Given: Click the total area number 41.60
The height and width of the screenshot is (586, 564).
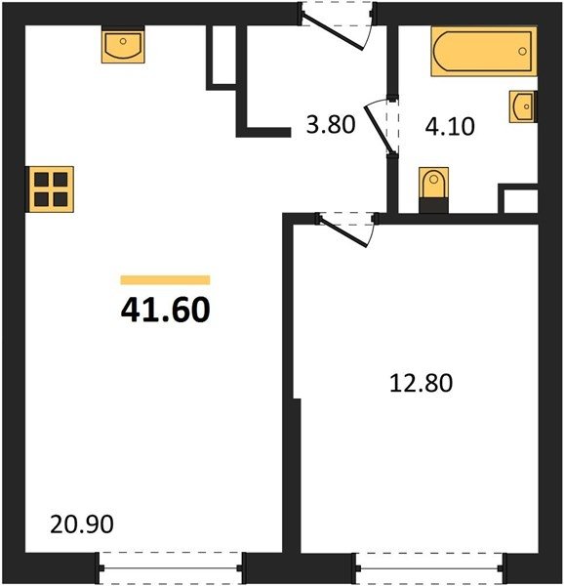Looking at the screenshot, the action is pyautogui.click(x=165, y=310).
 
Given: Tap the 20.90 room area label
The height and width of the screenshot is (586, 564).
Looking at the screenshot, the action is pyautogui.click(x=82, y=523).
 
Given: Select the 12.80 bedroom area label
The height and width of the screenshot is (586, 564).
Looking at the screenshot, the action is pyautogui.click(x=421, y=383).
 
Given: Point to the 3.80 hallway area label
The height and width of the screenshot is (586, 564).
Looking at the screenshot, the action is pyautogui.click(x=331, y=124).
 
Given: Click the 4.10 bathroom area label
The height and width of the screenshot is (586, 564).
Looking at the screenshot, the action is pyautogui.click(x=450, y=126).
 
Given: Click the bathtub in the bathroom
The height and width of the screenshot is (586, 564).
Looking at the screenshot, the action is pyautogui.click(x=484, y=51).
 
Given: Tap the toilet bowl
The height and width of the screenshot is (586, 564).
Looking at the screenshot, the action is pyautogui.click(x=433, y=183).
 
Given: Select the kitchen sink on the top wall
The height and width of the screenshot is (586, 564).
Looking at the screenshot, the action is pyautogui.click(x=123, y=45).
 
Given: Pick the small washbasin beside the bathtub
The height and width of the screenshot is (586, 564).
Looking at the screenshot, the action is pyautogui.click(x=523, y=106).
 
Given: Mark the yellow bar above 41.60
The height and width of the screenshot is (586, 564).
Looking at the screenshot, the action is pyautogui.click(x=165, y=280).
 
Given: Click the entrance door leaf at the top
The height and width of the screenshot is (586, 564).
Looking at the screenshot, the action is pyautogui.click(x=332, y=32).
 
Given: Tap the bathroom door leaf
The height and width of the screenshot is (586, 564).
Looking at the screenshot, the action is pyautogui.click(x=380, y=129).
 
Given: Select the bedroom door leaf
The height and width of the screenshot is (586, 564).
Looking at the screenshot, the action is pyautogui.click(x=343, y=231).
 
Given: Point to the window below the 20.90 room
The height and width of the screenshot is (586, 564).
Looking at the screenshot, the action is pyautogui.click(x=172, y=568).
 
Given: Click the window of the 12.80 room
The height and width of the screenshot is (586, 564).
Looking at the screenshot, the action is pyautogui.click(x=429, y=568).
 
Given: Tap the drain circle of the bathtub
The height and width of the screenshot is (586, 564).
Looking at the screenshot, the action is pyautogui.click(x=523, y=51).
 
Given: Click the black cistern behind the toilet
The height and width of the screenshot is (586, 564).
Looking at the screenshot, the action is pyautogui.click(x=433, y=205).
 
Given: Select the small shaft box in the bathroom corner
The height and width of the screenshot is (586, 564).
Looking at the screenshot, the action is pyautogui.click(x=518, y=198).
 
